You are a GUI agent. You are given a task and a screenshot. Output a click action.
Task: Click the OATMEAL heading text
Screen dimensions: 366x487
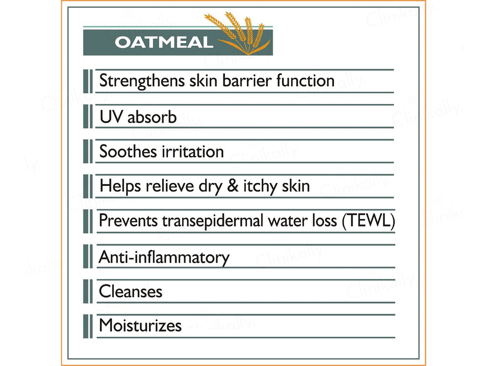(164, 42)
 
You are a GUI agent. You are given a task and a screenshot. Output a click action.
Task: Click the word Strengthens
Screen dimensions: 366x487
(141, 81)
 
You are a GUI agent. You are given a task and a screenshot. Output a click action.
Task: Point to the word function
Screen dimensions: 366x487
(305, 81)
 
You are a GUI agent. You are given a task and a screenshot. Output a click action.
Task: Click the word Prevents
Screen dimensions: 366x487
(128, 221)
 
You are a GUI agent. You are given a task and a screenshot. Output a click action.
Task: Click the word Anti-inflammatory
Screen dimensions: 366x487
(164, 257)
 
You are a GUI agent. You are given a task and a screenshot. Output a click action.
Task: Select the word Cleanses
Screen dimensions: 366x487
(131, 292)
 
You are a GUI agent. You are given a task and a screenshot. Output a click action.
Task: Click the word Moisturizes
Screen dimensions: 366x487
(140, 325)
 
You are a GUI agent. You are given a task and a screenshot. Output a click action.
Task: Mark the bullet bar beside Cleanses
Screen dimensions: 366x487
(88, 291)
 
